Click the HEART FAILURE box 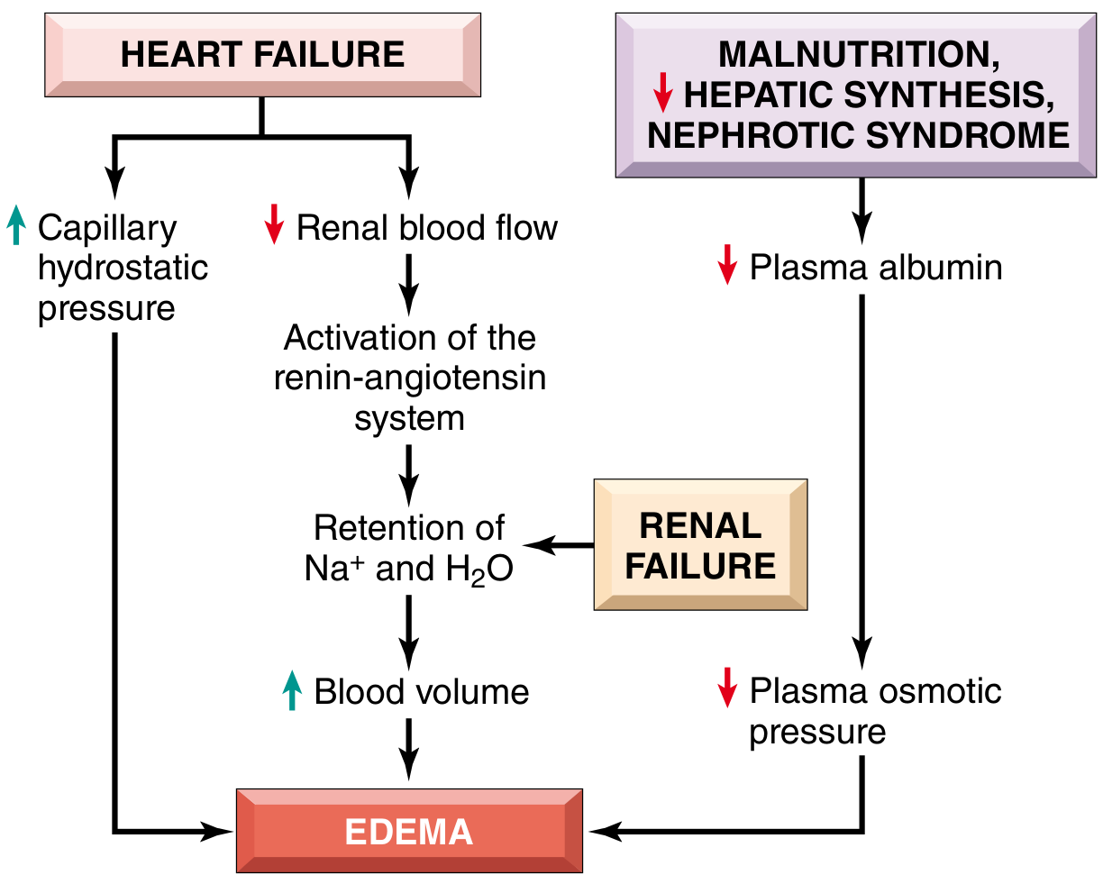pos(262,55)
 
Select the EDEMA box pos(409,831)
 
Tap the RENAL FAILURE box pos(700,545)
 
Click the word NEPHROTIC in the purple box pos(751,136)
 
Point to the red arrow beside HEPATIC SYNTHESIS pos(662,93)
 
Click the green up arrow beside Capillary pos(16,225)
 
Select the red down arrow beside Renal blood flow pos(274,224)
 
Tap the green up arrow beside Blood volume pos(292,690)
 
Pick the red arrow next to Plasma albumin pos(727,264)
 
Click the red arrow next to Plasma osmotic pos(727,688)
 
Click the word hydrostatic pos(123,268)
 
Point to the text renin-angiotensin pos(410,378)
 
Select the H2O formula pos(479,570)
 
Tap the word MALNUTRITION pos(859,55)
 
